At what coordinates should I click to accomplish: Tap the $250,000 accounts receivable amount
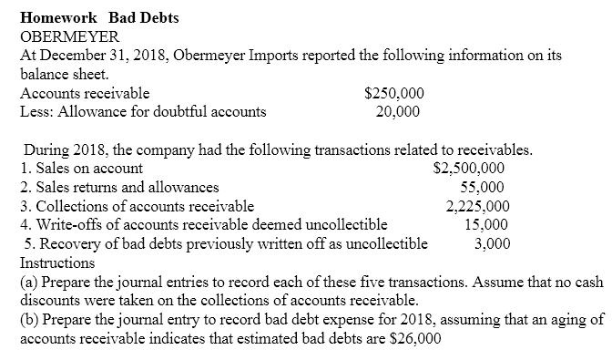pos(393,94)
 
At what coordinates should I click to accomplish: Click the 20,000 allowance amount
pos(397,112)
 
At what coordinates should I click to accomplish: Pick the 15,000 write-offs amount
pos(486,224)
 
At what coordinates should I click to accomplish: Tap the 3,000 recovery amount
pos(493,243)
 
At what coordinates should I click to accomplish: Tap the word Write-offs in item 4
pos(66,224)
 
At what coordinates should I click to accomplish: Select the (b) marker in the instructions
pos(27,318)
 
